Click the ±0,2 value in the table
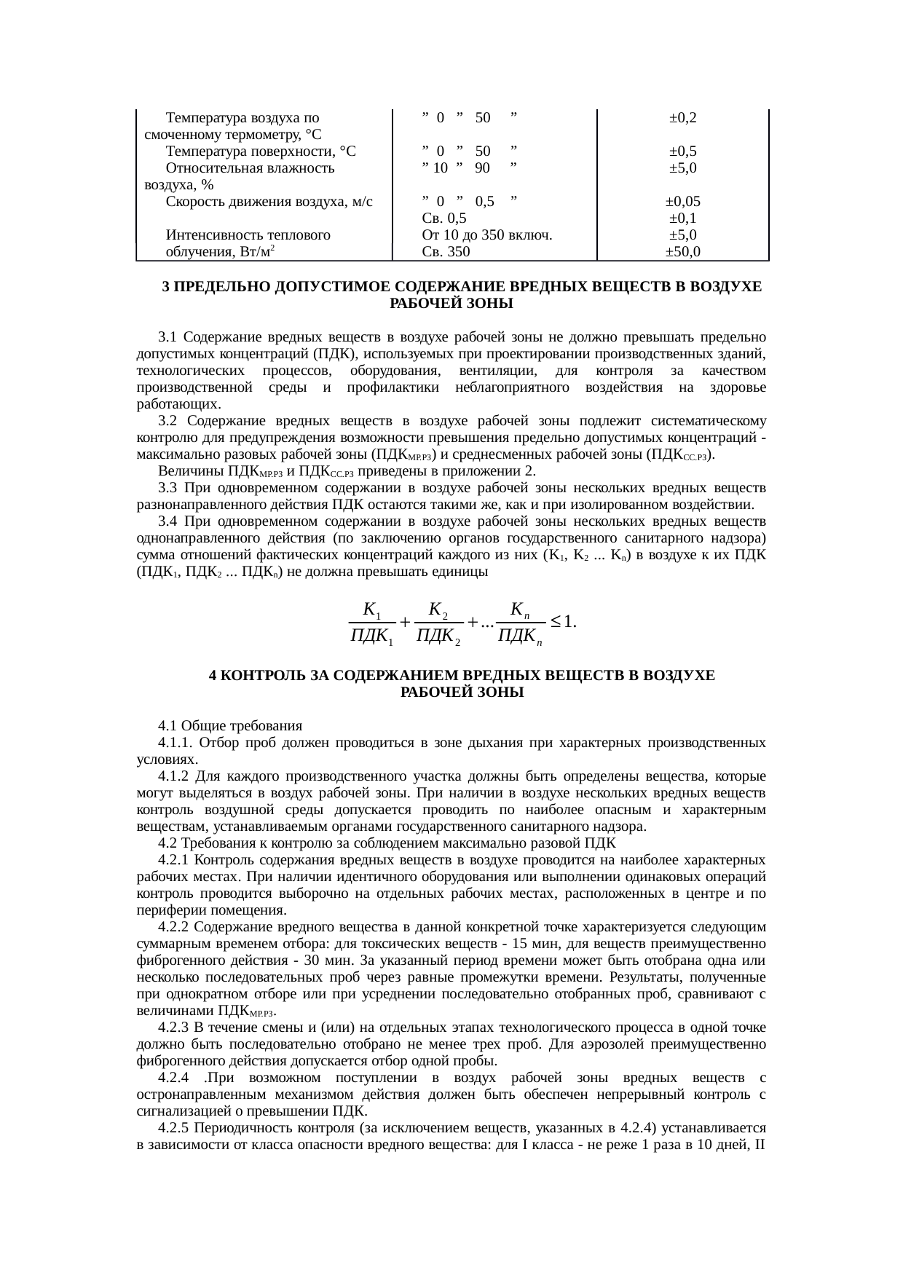pos(683,118)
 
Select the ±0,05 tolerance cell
pos(683,202)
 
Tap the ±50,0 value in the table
pos(683,252)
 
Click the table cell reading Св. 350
pos(446,252)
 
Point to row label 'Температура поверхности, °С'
pos(261,151)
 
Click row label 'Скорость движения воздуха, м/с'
pos(269,202)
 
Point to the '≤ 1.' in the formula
pos(564,622)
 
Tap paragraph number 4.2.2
pos(174,927)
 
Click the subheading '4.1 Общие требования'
pos(229,726)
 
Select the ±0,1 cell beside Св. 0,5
pos(683,218)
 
